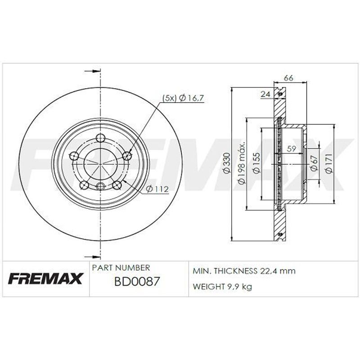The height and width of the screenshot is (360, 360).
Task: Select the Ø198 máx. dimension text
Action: (x=242, y=163)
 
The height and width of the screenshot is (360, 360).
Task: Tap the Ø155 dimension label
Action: (x=256, y=163)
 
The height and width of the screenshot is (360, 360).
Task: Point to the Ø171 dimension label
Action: (x=328, y=163)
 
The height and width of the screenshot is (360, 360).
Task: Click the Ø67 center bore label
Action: (x=314, y=163)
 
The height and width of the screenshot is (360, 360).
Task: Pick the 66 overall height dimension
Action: (x=288, y=78)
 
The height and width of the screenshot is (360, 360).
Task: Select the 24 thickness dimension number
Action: (x=265, y=94)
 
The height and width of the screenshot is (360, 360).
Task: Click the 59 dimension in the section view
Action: (x=292, y=149)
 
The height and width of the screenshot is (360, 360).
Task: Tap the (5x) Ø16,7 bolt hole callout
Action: (x=183, y=98)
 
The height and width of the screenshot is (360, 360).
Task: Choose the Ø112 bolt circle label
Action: (x=157, y=189)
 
